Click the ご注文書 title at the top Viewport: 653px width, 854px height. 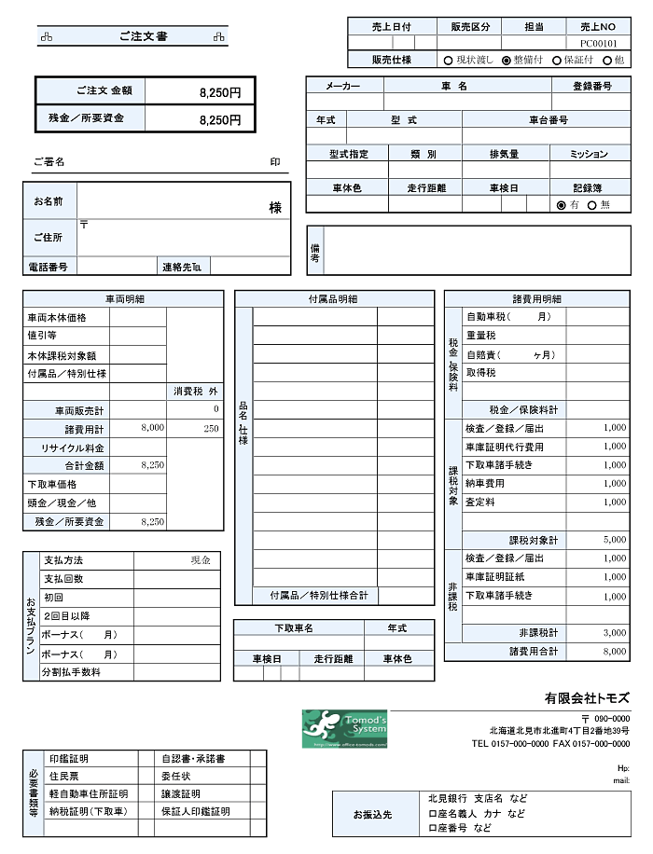143,36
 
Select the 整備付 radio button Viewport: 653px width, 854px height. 507,60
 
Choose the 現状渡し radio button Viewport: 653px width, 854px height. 449,60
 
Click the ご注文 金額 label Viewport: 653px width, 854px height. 104,91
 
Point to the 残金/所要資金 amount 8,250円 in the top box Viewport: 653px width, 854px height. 220,119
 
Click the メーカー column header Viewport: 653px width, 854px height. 343,86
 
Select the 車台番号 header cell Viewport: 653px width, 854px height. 548,120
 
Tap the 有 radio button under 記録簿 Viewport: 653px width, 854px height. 561,205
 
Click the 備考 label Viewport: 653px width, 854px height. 315,251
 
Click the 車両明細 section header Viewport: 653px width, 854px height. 123,299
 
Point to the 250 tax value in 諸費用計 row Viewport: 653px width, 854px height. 211,428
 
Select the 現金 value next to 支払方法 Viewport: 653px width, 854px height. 201,560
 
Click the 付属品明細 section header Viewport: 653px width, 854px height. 333,299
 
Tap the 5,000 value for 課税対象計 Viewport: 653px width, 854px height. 614,540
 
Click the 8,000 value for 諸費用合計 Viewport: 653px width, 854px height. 614,652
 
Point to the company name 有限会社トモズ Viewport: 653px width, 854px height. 587,698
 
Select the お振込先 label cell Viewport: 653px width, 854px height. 373,814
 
